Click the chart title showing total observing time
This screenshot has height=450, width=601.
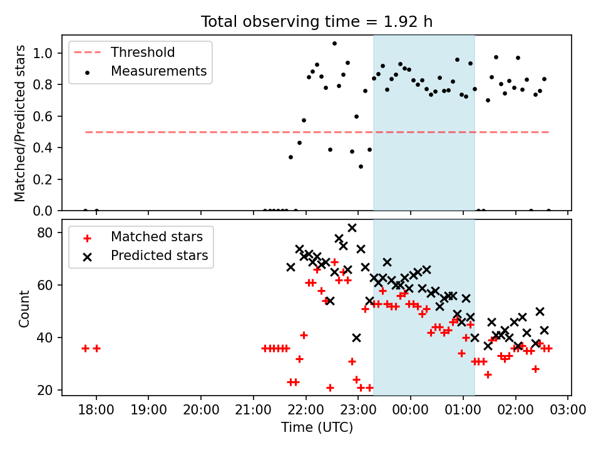coord(317,22)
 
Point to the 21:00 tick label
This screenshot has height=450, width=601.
coord(254,410)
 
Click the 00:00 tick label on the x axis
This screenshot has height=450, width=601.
coord(411,410)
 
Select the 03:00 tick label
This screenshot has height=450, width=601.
coord(568,410)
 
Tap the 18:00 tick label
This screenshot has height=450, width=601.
coord(96,410)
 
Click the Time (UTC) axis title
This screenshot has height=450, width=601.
coord(317,427)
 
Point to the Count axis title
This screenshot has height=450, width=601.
coord(24,308)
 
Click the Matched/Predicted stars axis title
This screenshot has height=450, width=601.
coord(19,123)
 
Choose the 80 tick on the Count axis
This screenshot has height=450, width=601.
coord(45,232)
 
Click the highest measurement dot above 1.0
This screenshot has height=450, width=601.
coord(334,44)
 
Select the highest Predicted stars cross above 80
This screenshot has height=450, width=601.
coord(352,228)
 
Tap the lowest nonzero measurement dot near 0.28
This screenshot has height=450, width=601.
coord(361,166)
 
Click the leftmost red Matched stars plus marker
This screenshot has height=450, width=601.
coord(86,349)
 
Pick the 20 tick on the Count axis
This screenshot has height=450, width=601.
coord(45,390)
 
